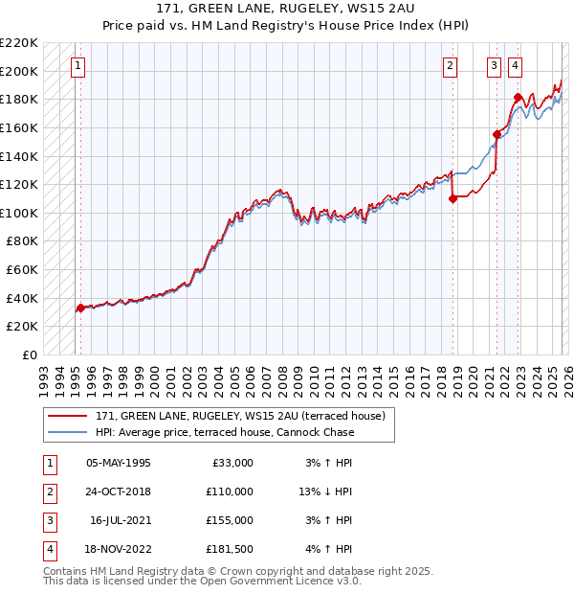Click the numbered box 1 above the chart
[x=77, y=66]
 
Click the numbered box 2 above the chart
[x=450, y=66]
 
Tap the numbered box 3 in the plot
[x=494, y=66]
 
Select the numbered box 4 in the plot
[x=515, y=66]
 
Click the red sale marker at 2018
[x=453, y=198]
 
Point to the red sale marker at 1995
[x=80, y=308]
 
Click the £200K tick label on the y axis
[x=19, y=71]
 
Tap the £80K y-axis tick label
[x=22, y=241]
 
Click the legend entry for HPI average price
[x=225, y=432]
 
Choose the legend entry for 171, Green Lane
[x=239, y=416]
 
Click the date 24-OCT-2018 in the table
[x=119, y=491]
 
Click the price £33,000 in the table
[x=230, y=463]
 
